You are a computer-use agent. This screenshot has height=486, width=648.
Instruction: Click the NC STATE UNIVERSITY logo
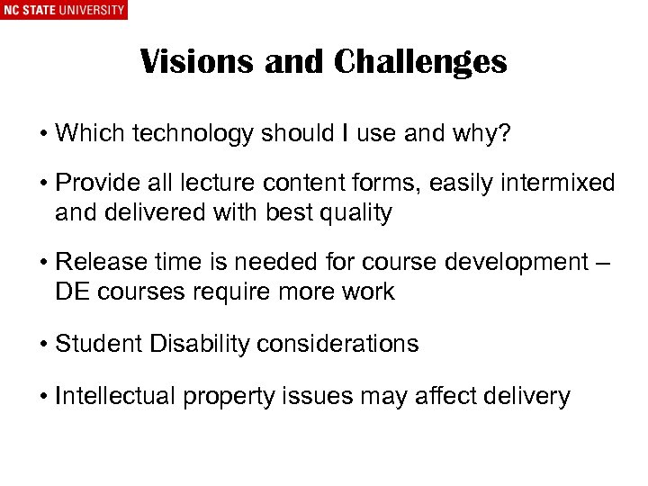63,10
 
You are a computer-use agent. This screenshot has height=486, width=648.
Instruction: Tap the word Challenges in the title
420,62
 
